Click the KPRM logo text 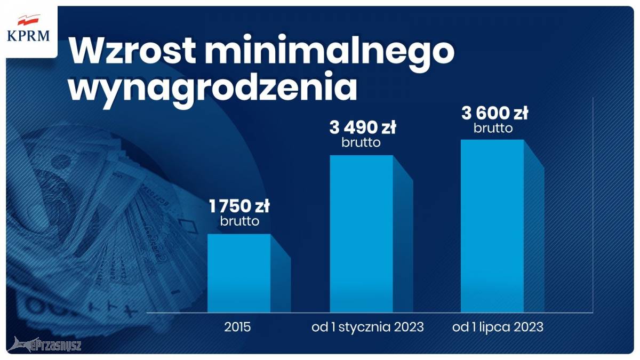click(x=28, y=36)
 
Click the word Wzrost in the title click(x=132, y=49)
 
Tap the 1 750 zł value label click(x=239, y=206)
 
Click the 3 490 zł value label click(x=363, y=127)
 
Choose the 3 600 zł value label click(x=494, y=113)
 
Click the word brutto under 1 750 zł click(x=239, y=221)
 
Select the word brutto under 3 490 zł click(x=361, y=142)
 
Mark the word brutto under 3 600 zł click(x=493, y=128)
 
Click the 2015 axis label click(x=237, y=327)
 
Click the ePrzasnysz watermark click(x=44, y=345)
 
